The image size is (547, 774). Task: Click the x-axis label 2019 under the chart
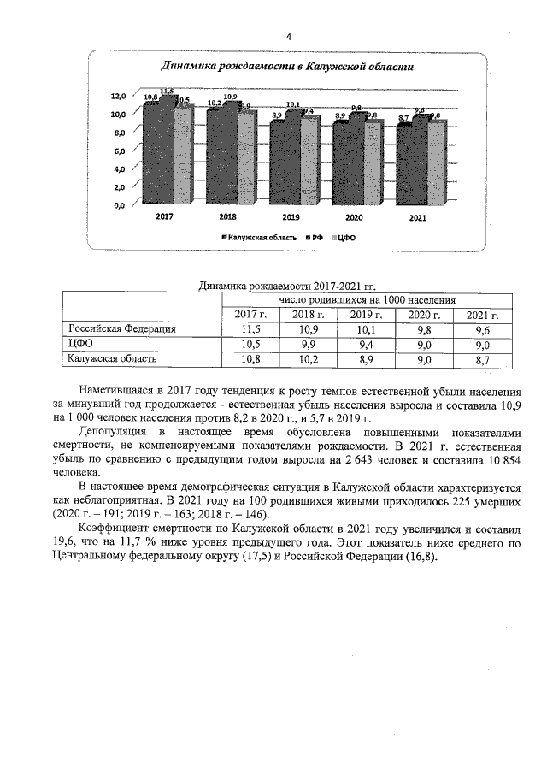291,218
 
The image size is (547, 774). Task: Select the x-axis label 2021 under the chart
417,218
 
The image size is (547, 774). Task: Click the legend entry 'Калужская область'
262,238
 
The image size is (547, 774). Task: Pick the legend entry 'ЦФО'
346,238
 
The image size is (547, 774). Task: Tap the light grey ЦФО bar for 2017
183,154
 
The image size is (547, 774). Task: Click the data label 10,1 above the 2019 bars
292,105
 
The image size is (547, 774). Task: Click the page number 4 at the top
288,37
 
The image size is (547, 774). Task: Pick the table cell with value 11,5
250,329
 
